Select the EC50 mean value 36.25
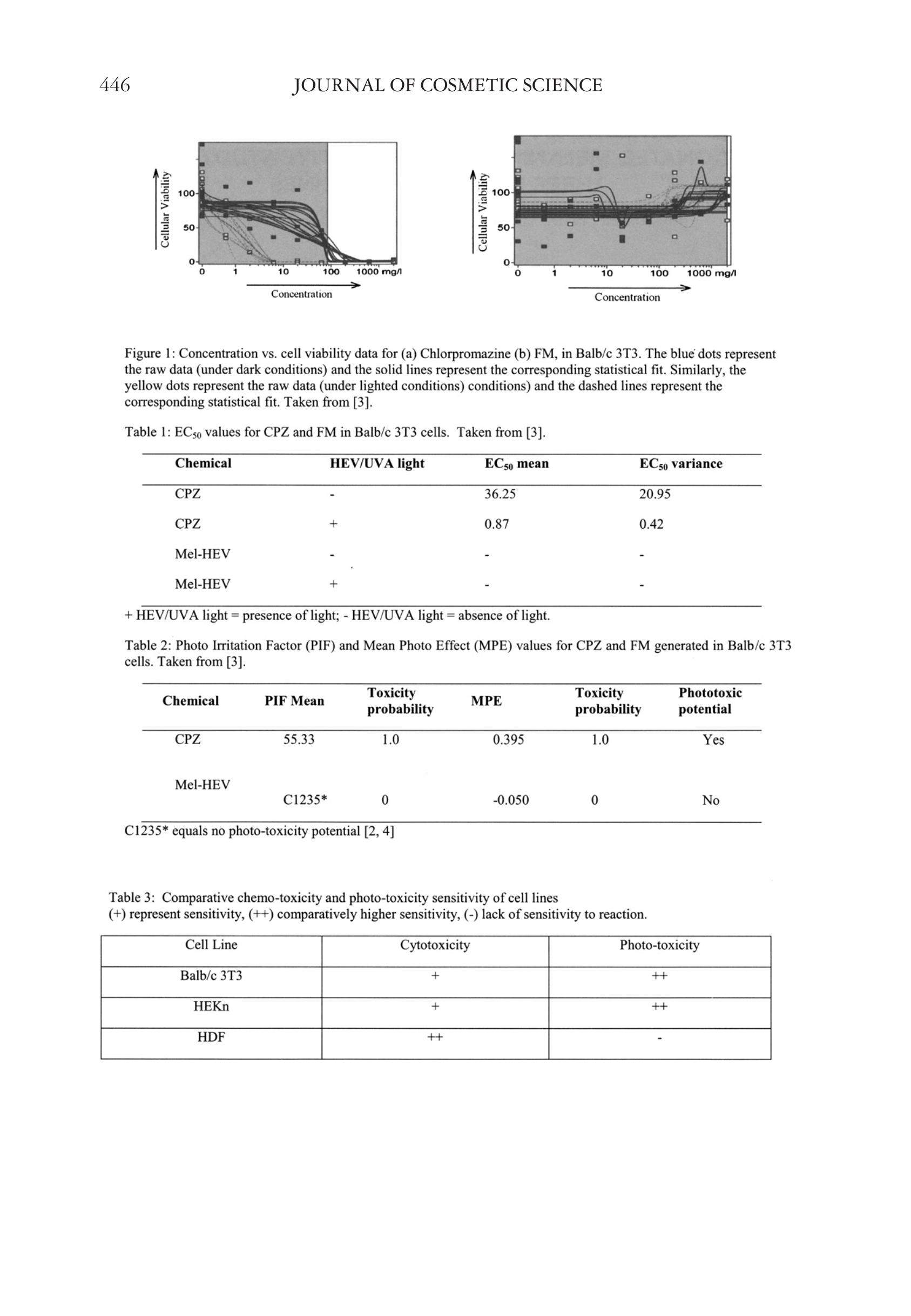pyautogui.click(x=500, y=494)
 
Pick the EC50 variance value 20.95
pyautogui.click(x=654, y=494)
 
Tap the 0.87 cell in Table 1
pyautogui.click(x=496, y=524)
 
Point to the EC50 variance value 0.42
pyautogui.click(x=651, y=524)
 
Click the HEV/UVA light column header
pyautogui.click(x=377, y=463)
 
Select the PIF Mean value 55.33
pyautogui.click(x=299, y=740)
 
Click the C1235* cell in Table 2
pyautogui.click(x=305, y=800)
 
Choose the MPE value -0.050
pyautogui.click(x=510, y=800)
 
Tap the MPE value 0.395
pyautogui.click(x=508, y=740)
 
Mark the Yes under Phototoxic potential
pyautogui.click(x=713, y=740)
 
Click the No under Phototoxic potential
pyautogui.click(x=711, y=800)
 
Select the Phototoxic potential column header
pyautogui.click(x=710, y=701)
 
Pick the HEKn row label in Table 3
pyautogui.click(x=211, y=1007)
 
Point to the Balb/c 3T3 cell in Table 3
pyautogui.click(x=211, y=976)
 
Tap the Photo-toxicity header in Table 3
pyautogui.click(x=659, y=945)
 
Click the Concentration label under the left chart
pyautogui.click(x=301, y=294)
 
